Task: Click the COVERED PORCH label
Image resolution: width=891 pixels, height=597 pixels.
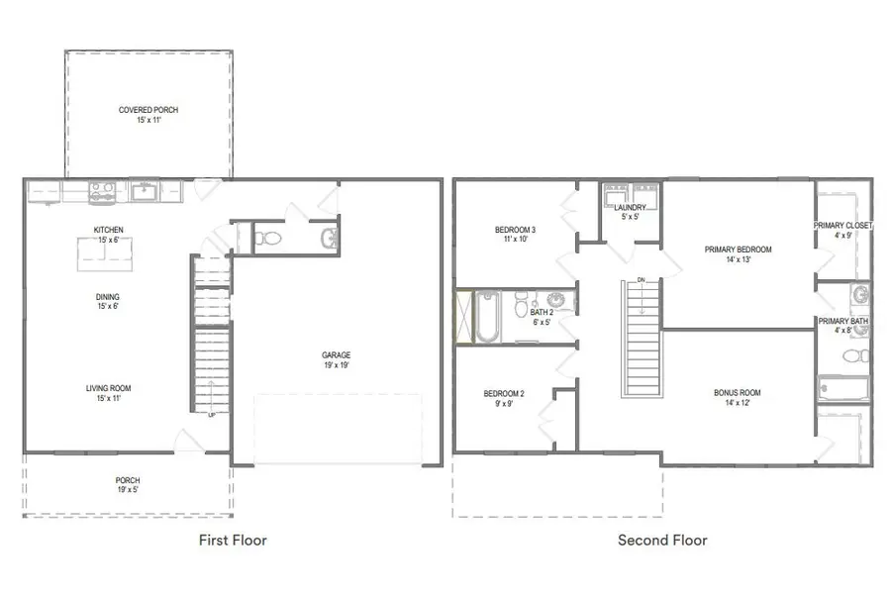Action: pyautogui.click(x=148, y=110)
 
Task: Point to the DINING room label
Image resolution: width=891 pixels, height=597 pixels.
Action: pyautogui.click(x=108, y=295)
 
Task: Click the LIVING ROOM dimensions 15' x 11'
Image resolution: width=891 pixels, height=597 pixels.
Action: pyautogui.click(x=108, y=399)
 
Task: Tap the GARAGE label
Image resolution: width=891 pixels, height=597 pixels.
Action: pyautogui.click(x=336, y=355)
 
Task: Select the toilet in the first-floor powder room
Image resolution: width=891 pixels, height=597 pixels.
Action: pyautogui.click(x=267, y=238)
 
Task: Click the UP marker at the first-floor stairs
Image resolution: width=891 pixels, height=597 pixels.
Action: pyautogui.click(x=210, y=416)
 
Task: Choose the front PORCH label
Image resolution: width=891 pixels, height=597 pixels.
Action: pyautogui.click(x=128, y=480)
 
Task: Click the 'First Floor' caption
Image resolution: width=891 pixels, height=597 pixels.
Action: pyautogui.click(x=233, y=541)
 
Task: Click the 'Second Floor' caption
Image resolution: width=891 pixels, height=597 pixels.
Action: pyautogui.click(x=662, y=541)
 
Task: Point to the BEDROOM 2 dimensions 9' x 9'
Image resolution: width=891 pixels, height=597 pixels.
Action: pyautogui.click(x=503, y=404)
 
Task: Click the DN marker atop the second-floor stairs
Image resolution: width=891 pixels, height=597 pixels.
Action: pyautogui.click(x=641, y=279)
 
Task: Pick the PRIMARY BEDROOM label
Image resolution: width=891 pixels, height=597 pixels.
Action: pyautogui.click(x=738, y=249)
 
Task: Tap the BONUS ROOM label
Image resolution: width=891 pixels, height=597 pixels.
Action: pyautogui.click(x=737, y=393)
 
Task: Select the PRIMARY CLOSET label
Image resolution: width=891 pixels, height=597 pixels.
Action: pyautogui.click(x=843, y=226)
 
